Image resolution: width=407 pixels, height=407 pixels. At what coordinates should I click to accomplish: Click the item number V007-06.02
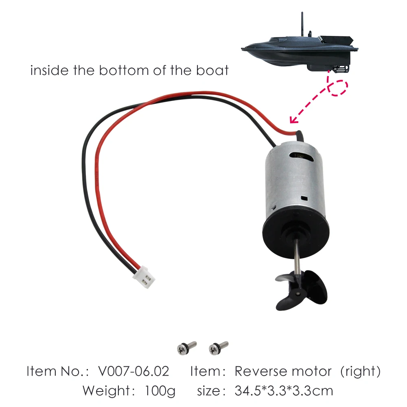click(x=134, y=371)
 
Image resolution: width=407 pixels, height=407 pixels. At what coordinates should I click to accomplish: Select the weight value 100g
click(x=160, y=391)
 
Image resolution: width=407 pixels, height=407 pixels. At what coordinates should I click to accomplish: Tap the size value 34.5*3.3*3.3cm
click(x=284, y=391)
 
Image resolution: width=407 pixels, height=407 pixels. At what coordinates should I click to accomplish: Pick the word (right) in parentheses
click(x=360, y=371)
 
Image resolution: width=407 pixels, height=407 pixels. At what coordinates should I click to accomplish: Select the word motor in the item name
click(x=314, y=371)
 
